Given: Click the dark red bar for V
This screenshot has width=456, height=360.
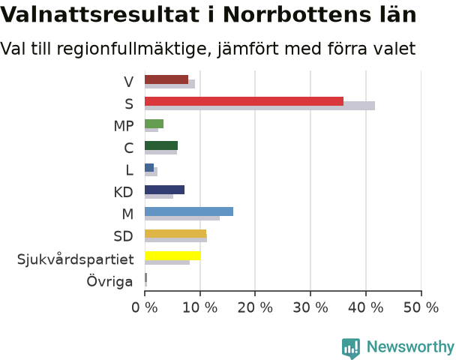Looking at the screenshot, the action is (x=166, y=79).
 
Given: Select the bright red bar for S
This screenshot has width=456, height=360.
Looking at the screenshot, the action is (x=244, y=101).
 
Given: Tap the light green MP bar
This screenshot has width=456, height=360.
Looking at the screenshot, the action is (x=154, y=124).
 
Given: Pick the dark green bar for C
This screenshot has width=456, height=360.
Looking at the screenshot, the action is (x=161, y=145).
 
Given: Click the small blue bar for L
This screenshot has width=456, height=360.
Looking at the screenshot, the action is (x=149, y=167).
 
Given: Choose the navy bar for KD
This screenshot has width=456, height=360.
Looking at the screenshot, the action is (x=164, y=190).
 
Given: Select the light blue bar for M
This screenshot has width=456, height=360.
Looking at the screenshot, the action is (x=189, y=211).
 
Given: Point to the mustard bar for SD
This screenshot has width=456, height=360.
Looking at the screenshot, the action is (x=175, y=233).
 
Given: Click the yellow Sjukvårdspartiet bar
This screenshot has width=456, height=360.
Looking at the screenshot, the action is (x=172, y=256).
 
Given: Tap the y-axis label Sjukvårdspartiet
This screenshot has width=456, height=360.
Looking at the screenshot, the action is (x=75, y=259).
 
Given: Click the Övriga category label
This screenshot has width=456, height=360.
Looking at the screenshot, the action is (x=109, y=281).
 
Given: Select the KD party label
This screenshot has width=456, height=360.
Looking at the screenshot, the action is (x=123, y=192).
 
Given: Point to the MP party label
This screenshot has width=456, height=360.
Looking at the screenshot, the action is (x=124, y=126).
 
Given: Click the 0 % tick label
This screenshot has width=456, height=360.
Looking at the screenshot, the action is (x=145, y=307).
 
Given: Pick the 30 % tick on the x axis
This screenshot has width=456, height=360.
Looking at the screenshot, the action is (x=310, y=307).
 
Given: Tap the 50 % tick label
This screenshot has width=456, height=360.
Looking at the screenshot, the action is (x=421, y=307).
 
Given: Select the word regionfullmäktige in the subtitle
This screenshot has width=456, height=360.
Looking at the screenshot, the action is (x=131, y=49).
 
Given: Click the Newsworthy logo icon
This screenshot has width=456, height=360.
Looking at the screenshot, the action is (x=351, y=348).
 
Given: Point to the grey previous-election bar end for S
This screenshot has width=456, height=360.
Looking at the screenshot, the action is (x=374, y=106).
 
